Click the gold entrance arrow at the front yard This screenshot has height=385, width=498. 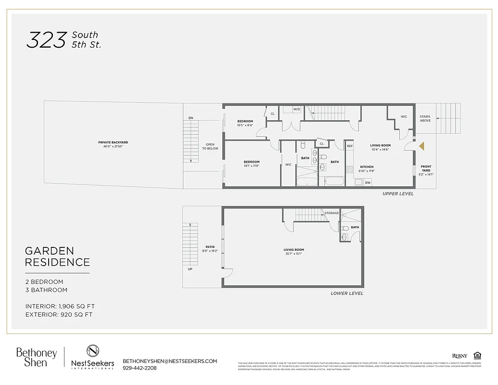pos(421,146)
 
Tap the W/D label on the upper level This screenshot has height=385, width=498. pos(296,109)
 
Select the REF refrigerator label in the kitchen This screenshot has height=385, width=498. pos(350,146)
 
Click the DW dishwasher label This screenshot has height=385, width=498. pos(368,182)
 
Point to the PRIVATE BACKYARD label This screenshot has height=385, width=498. pos(113,142)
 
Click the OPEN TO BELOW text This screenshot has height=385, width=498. pos(210,146)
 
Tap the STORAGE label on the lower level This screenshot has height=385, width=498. pos(332,213)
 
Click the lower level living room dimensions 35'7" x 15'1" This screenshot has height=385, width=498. pos(294,254)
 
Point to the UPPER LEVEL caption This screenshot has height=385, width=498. pos(397,193)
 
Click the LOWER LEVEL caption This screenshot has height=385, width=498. pos(347,293)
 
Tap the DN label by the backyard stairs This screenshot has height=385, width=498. pos(191,118)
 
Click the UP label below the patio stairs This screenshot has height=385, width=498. pos(190,269)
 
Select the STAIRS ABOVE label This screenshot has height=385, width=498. pos(425,118)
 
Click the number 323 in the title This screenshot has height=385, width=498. pos(46,40)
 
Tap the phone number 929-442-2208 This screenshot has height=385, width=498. pos(140,368)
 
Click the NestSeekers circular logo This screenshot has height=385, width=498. pos(93,351)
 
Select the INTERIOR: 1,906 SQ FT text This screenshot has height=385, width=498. pos(63,306)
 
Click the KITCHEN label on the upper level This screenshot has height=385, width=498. pos(367,167)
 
